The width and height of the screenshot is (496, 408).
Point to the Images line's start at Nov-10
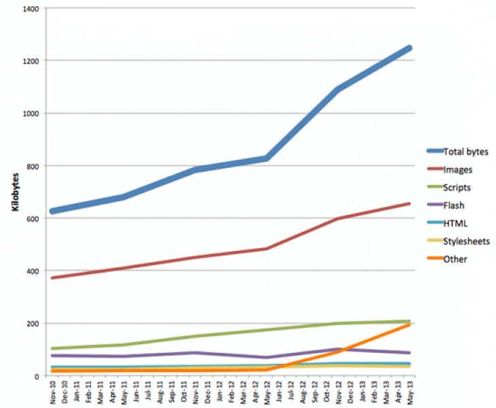click(x=53, y=277)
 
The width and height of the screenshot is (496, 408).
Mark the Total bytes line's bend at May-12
click(x=267, y=158)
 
